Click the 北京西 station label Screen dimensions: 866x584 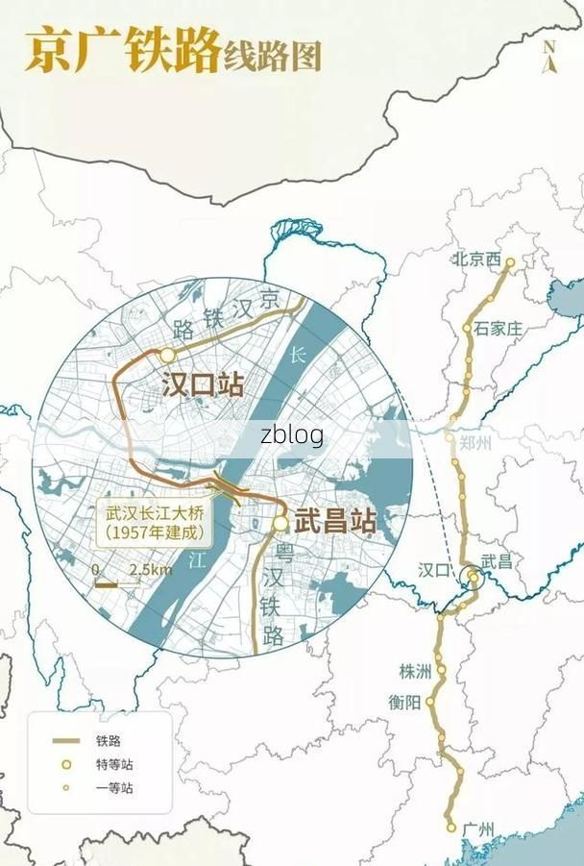(477, 260)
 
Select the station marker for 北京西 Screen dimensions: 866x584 (510, 261)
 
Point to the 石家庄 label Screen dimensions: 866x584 (499, 329)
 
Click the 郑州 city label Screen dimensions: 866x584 (475, 443)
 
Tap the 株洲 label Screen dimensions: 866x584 (417, 671)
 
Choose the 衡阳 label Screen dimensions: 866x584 (404, 702)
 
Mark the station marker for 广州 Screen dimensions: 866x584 (450, 827)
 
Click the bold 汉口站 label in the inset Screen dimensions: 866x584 (203, 385)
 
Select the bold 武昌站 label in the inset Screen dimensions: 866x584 (335, 522)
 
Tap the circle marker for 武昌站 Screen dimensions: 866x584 (280, 524)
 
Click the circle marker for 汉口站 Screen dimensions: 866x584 (167, 355)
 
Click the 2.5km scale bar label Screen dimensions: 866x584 (151, 570)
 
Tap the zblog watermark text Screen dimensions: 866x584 (291, 435)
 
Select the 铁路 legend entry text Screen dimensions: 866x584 (108, 740)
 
